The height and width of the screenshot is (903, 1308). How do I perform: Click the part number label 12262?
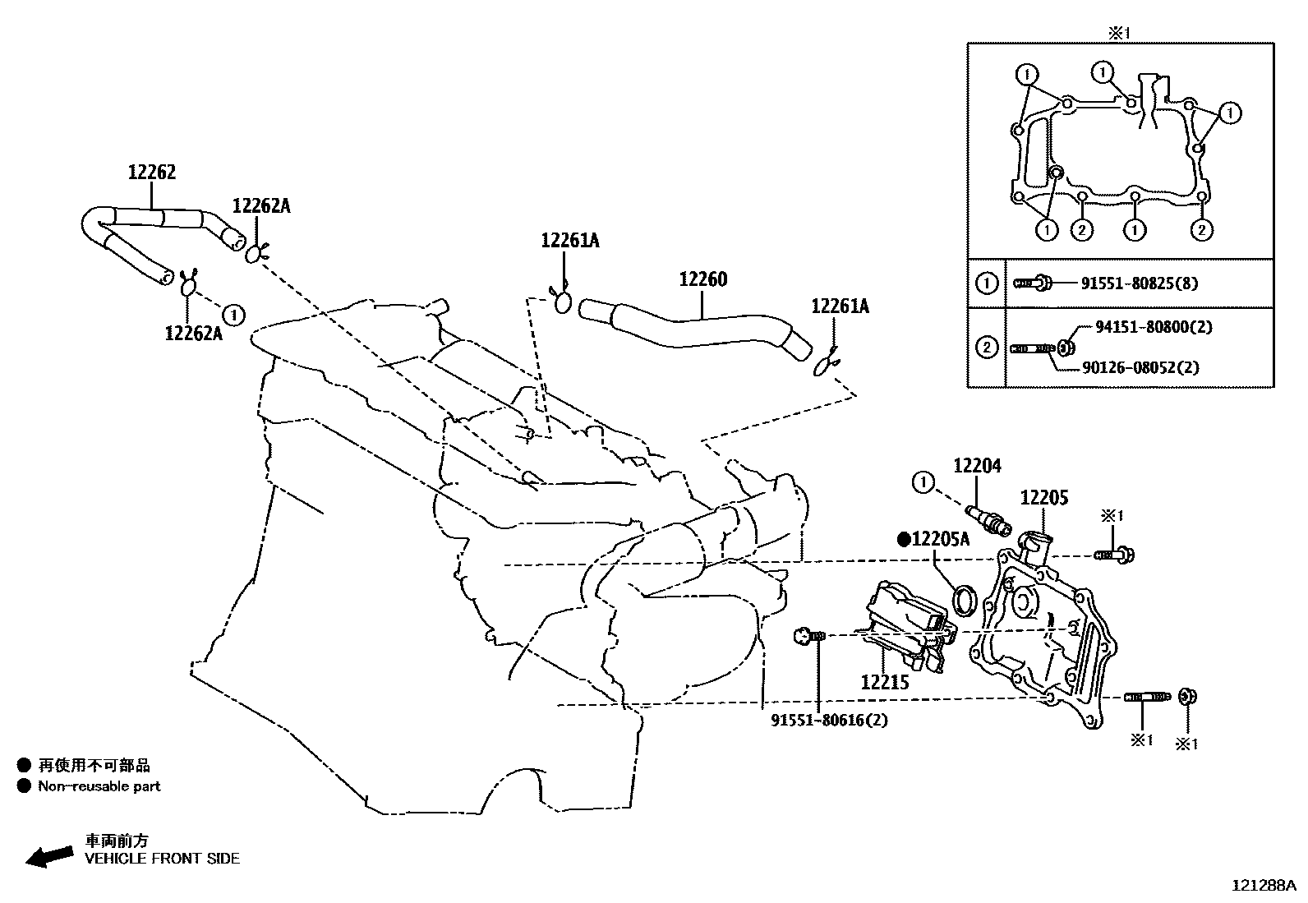click(x=152, y=173)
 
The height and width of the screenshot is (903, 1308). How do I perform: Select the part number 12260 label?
click(x=702, y=279)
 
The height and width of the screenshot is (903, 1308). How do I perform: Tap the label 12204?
click(x=977, y=466)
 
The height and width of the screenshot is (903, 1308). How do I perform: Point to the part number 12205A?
click(x=941, y=539)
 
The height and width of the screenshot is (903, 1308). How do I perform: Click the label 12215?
click(x=885, y=681)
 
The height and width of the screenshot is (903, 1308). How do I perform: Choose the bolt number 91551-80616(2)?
click(x=829, y=720)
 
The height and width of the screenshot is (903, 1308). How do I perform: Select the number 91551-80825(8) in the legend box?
click(x=1139, y=283)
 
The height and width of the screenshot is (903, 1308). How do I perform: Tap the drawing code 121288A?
click(x=1263, y=885)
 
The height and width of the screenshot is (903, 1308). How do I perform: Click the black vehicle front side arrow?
click(x=48, y=856)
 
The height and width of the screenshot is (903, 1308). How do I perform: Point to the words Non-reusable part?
click(x=99, y=786)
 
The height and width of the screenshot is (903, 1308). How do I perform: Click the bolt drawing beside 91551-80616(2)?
click(x=807, y=635)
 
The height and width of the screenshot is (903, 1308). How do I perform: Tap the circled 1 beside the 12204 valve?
click(x=923, y=481)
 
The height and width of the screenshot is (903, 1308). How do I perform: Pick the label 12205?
click(x=1043, y=498)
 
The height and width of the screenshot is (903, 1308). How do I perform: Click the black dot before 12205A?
click(x=904, y=540)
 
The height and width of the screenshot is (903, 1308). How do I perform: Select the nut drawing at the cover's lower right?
click(x=1186, y=697)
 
